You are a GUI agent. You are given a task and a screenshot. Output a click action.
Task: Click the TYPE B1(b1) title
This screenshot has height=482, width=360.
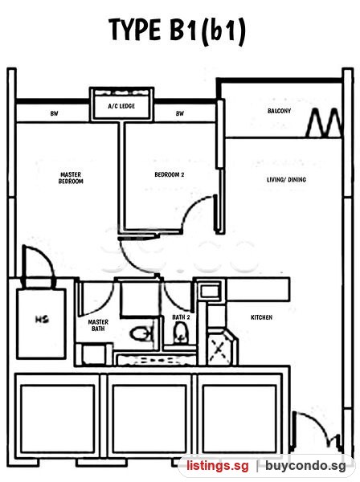tap(178, 31)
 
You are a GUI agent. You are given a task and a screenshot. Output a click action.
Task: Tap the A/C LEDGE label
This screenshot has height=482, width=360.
tap(121, 106)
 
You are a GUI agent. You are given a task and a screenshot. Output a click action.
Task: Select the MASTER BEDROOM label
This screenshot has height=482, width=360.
tap(71, 178)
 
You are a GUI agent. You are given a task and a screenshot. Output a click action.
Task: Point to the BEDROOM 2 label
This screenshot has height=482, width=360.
tap(170, 174)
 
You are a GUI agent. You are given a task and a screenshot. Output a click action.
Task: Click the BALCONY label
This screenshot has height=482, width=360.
tap(279, 111)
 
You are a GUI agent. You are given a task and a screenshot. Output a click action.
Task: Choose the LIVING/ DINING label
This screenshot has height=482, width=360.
tap(286, 179)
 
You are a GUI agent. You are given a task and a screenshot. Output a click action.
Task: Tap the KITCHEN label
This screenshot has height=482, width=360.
tap(262, 317)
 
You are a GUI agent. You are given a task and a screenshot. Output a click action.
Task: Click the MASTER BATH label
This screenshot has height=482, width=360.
tap(98, 325)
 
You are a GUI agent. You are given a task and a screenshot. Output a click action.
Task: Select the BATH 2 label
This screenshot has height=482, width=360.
tap(181, 317)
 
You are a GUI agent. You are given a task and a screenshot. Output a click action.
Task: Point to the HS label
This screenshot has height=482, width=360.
tap(42, 319)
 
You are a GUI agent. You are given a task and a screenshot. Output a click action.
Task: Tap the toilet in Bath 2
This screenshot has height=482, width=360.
tap(181, 333)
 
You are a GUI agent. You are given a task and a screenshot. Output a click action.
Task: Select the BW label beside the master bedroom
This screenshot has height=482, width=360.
tap(54, 114)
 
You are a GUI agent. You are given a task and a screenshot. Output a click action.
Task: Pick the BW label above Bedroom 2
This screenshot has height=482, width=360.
tap(180, 114)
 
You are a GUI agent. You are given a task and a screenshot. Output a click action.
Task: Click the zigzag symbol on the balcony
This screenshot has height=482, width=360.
tap(324, 122)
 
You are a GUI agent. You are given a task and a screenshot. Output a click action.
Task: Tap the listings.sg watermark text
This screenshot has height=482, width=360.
tap(217, 466)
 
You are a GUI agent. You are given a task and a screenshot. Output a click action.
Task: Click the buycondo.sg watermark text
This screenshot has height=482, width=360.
tap(305, 466)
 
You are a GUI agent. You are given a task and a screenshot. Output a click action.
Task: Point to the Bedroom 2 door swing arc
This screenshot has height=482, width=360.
tap(194, 208)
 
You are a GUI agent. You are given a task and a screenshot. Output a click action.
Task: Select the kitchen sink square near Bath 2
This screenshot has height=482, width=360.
tap(210, 290)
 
